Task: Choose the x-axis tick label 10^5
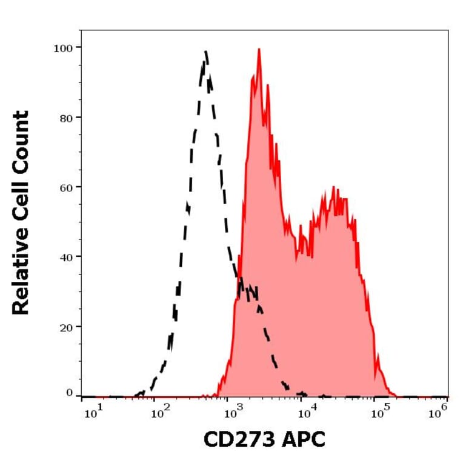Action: [x=380, y=413]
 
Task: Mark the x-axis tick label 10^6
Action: [x=438, y=413]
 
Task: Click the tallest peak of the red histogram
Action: [x=259, y=50]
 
